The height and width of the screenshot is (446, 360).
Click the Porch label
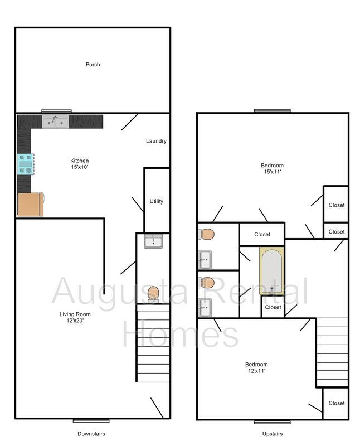[x=93, y=65]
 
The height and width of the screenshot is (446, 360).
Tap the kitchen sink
[x=55, y=121]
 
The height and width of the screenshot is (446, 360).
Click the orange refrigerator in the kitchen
[x=31, y=205]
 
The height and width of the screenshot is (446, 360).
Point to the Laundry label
[x=156, y=141]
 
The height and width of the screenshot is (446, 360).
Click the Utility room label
[x=157, y=201]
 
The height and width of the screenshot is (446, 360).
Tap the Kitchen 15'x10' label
[x=79, y=164]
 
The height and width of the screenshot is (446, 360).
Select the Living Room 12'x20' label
[x=75, y=317]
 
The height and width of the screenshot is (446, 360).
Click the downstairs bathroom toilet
[x=153, y=293]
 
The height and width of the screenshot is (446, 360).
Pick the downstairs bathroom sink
[x=153, y=241]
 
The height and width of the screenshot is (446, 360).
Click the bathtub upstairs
[x=272, y=272]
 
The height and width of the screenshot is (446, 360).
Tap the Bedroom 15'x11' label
[x=272, y=168]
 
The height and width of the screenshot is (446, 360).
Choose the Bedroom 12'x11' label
[x=256, y=367]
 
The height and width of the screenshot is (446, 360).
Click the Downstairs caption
[x=91, y=434]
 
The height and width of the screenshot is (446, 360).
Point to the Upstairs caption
[x=272, y=434]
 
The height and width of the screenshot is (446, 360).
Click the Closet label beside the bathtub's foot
[x=273, y=307]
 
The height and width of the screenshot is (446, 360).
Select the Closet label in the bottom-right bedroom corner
[x=336, y=403]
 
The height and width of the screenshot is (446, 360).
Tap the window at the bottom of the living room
[x=91, y=420]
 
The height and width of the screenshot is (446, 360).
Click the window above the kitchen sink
[x=56, y=111]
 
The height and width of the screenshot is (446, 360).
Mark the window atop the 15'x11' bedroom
[x=273, y=110]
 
